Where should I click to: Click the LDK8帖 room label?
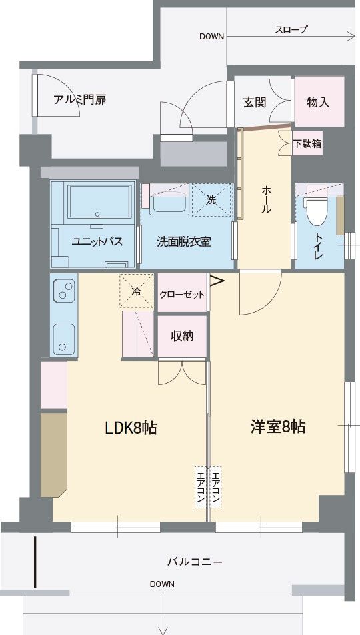click(131, 428)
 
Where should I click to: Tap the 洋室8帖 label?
click(277, 427)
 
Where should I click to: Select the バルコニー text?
click(195, 562)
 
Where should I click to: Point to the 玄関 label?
click(255, 103)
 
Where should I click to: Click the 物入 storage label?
click(318, 103)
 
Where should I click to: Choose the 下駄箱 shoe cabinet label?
click(308, 143)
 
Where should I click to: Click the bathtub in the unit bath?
click(99, 200)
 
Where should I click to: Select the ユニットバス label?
click(97, 242)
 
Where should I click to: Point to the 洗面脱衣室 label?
click(184, 242)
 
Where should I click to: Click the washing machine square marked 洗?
click(212, 199)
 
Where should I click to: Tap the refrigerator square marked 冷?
click(136, 291)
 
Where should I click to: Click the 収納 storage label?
click(181, 336)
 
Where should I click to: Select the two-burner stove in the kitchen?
click(65, 291)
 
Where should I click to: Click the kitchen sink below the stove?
click(64, 340)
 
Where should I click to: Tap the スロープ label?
click(291, 29)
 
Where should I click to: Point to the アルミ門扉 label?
click(80, 101)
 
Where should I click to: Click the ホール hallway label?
click(265, 199)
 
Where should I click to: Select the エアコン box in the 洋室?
click(215, 488)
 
